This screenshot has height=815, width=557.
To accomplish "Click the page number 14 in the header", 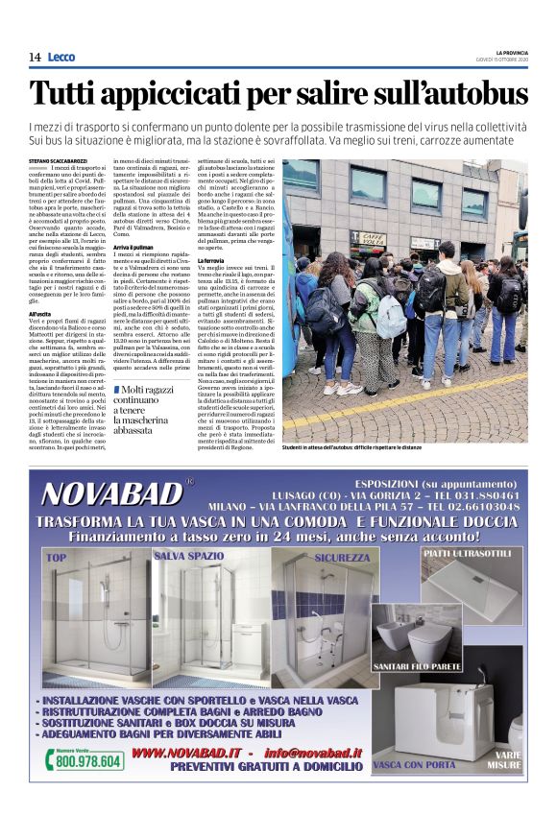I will click(x=35, y=57).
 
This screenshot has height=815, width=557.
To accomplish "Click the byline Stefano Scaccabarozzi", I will click(x=60, y=162).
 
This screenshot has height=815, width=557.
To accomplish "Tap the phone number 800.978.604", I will click(x=88, y=760).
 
